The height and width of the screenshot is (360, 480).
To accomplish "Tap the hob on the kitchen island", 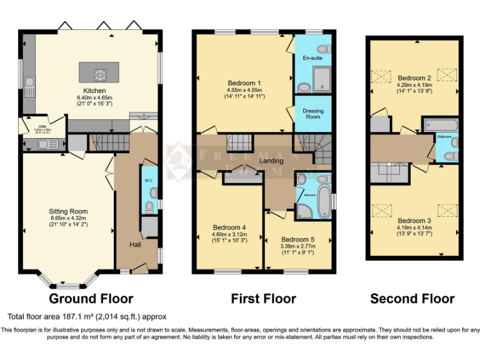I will tap(100, 75).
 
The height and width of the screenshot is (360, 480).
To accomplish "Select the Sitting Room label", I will tap(68, 211).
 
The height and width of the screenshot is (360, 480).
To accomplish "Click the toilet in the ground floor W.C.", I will tap(149, 206).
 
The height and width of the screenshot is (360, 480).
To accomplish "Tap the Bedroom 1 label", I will tap(244, 83).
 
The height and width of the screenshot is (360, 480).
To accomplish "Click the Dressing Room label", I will tap(312, 114).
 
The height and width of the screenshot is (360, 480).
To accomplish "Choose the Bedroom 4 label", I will tap(229, 227).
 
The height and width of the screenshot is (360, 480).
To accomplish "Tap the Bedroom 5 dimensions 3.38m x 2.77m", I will tap(297, 246).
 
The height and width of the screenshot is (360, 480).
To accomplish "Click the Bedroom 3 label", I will tap(414, 221).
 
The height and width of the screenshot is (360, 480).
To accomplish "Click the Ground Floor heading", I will tap(91, 298).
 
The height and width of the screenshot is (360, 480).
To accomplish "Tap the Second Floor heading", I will tap(412, 298).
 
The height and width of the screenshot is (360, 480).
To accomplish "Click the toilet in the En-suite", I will tap(322, 49).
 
